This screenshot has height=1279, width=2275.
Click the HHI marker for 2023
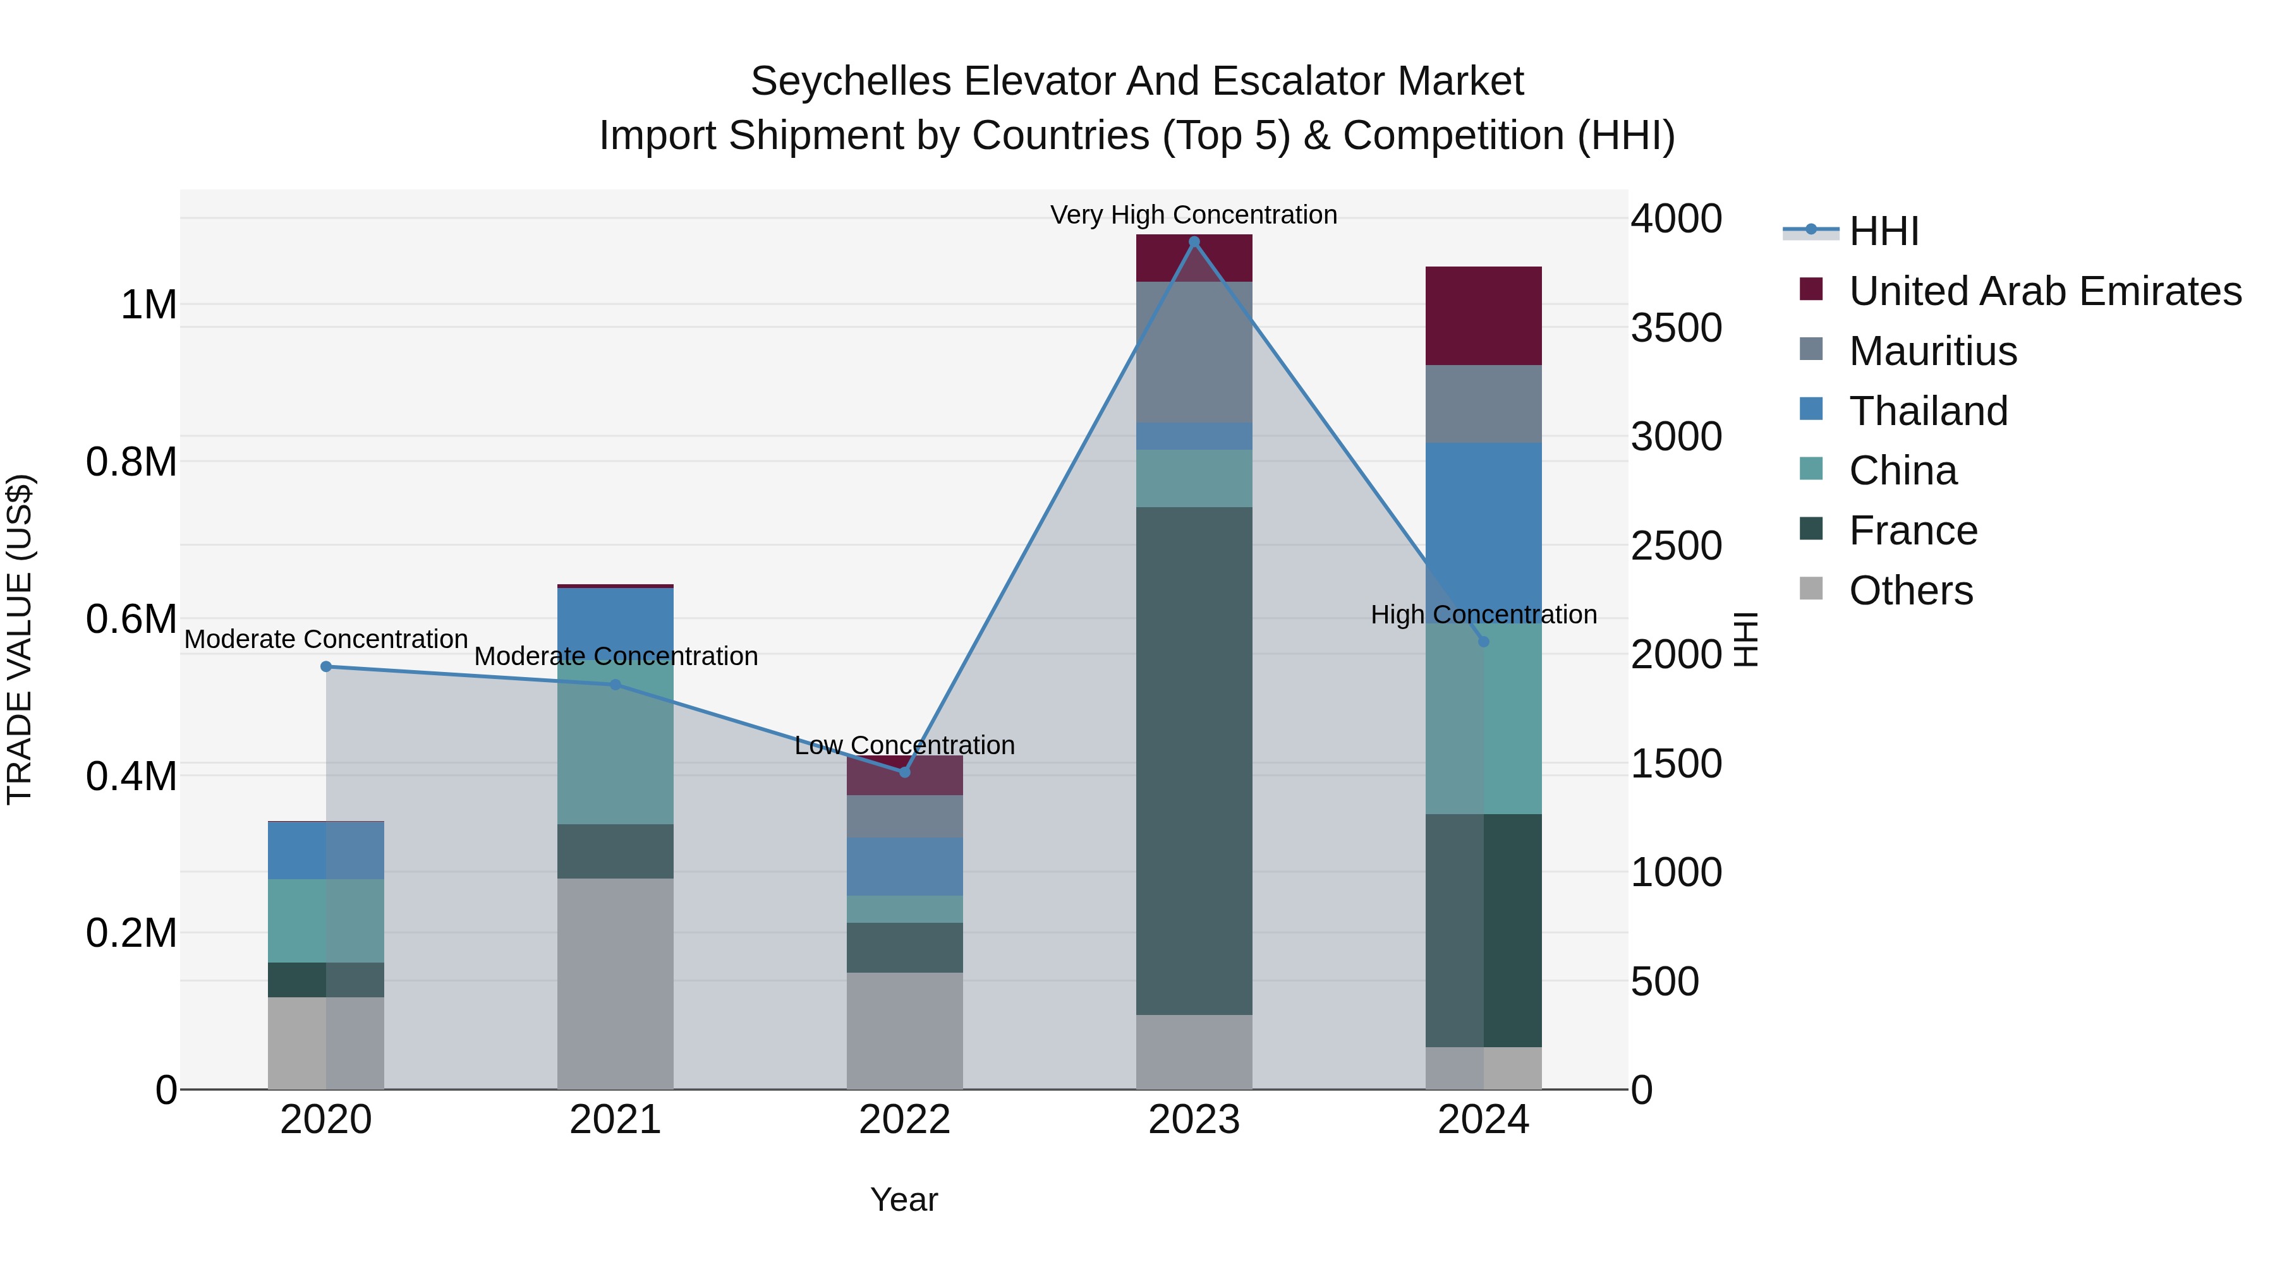(1194, 242)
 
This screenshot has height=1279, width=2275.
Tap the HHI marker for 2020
(326, 666)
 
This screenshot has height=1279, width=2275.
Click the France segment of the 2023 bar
(1194, 759)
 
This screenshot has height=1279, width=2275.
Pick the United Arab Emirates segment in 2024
(1484, 315)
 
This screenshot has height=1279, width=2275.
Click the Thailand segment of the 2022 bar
(904, 866)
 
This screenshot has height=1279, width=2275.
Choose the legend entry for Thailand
(1928, 411)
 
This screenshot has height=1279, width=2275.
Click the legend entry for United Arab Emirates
(2044, 291)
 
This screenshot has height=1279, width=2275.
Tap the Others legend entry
(1910, 591)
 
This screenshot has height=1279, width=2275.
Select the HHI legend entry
(1883, 231)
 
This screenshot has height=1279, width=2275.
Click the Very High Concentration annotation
(1193, 215)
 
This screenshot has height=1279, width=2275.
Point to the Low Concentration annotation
(904, 745)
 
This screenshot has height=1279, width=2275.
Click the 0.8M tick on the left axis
(131, 462)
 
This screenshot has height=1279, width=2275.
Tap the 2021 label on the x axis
(616, 1120)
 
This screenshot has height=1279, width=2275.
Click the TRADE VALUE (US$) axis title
(20, 639)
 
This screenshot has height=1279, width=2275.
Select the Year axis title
(904, 1199)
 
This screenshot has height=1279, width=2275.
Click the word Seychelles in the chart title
(851, 81)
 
